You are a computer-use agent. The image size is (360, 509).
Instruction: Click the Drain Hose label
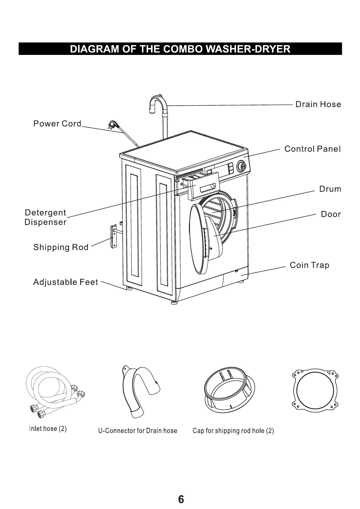(318, 104)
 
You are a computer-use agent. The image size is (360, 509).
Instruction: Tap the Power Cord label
(57, 124)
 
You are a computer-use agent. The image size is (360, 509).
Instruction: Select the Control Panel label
(312, 149)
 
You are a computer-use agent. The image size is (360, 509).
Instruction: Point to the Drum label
(330, 189)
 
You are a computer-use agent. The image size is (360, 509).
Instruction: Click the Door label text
(331, 214)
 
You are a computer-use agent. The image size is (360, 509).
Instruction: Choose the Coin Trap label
(309, 265)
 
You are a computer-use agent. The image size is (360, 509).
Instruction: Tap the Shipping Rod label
(61, 247)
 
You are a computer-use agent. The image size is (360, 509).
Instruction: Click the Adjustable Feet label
(66, 282)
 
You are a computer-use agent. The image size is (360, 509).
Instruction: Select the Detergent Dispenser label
(45, 217)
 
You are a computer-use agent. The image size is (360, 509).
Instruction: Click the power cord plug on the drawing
(113, 124)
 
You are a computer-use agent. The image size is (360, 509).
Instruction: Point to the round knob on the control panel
(243, 167)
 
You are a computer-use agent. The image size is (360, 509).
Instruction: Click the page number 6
(181, 499)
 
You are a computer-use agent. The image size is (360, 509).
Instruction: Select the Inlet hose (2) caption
(48, 429)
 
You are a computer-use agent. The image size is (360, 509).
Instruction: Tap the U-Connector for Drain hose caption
(138, 431)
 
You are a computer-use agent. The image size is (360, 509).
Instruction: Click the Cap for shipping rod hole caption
(233, 431)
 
